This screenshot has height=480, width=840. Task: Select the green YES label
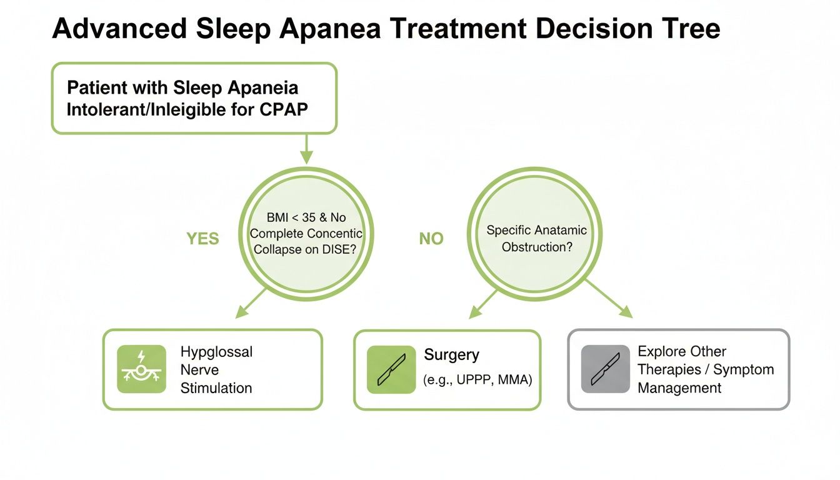tap(203, 239)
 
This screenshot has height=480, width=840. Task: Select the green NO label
tap(431, 239)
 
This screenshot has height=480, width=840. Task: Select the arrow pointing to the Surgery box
tap(483, 303)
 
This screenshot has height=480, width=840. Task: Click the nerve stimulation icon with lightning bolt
tap(142, 369)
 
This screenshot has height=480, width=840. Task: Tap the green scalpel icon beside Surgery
tap(391, 369)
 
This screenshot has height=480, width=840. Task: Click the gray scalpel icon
tap(605, 369)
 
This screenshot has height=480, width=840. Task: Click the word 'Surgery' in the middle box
tap(451, 355)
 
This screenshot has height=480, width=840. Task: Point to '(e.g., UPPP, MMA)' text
tap(478, 379)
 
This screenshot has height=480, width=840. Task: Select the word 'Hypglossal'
tap(216, 352)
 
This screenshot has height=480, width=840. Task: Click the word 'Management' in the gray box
tap(679, 388)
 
